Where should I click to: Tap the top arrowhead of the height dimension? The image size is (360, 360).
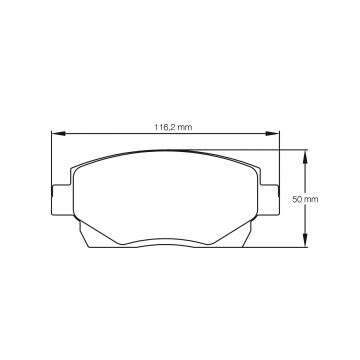coord(305,154)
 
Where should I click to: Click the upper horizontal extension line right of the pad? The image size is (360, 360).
coord(290,150)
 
